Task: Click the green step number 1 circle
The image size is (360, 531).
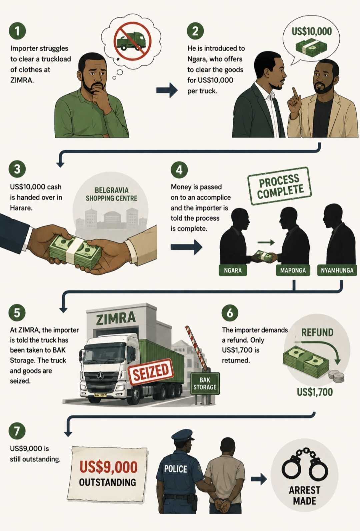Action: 17,31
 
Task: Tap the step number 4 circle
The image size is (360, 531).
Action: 179,170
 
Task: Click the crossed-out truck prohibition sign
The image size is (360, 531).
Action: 132,40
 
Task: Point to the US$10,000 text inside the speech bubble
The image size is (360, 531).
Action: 311,32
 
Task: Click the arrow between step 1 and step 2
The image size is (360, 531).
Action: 167,90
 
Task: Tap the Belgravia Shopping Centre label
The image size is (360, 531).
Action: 111,194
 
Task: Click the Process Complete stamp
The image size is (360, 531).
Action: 279,186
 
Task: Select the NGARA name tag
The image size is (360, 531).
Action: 233,270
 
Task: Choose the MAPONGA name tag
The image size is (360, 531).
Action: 293,270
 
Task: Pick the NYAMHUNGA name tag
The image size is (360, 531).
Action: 337,270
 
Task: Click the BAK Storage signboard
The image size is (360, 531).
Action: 205,384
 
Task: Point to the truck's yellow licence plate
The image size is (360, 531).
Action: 100,395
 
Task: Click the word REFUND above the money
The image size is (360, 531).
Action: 317,332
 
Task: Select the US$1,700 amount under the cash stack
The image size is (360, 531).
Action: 315,392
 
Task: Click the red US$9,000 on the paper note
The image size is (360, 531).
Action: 108,467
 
